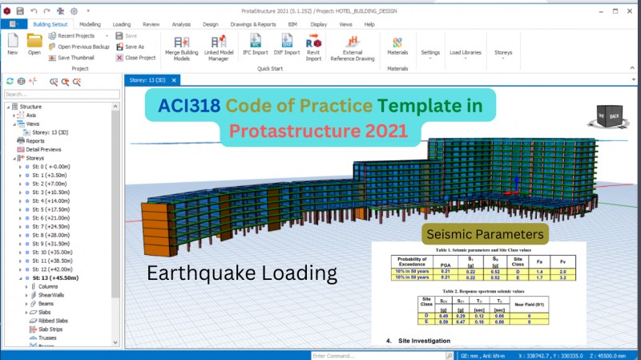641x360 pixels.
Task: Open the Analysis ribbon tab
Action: pos(182,25)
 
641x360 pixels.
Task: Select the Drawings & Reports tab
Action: pos(253,25)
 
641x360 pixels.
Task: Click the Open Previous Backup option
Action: pos(82,47)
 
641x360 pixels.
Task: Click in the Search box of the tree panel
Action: pos(60,94)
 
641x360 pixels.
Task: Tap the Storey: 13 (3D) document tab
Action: pos(149,80)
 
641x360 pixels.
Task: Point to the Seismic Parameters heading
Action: pos(486,234)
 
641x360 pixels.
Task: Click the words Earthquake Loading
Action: pos(241,273)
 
